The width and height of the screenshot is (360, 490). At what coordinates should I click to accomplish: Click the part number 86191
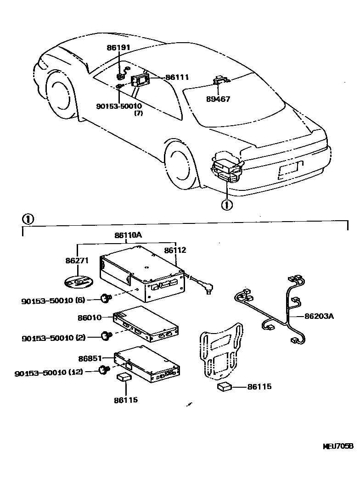click(x=118, y=47)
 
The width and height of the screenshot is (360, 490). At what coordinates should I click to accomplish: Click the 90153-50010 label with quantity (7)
click(x=119, y=106)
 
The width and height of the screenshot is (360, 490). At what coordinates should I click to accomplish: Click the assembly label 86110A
click(x=128, y=236)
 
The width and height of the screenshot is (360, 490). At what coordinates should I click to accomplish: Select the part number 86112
click(x=175, y=251)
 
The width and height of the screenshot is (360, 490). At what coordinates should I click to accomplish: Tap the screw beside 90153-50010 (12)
click(x=104, y=369)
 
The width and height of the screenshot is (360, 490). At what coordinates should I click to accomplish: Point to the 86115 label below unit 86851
click(x=126, y=400)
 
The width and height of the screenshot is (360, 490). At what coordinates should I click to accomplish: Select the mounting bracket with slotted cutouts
click(x=220, y=351)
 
